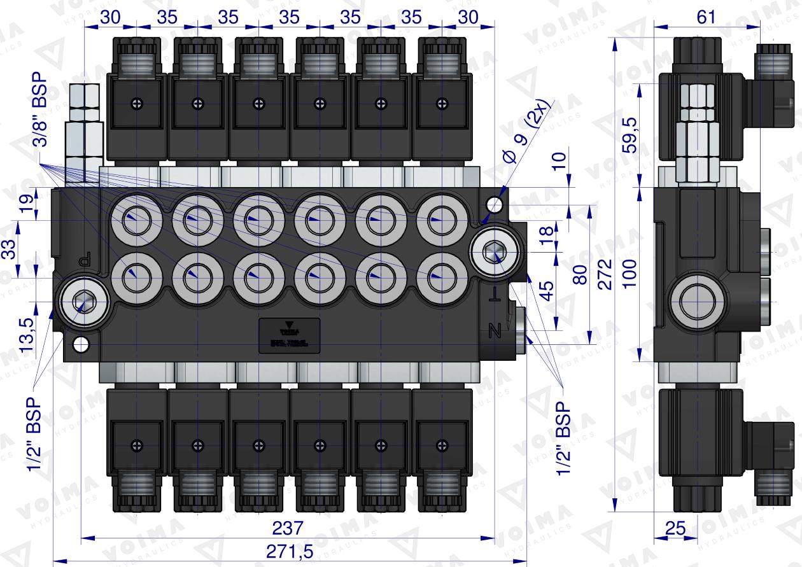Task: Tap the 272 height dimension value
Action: [x=605, y=274]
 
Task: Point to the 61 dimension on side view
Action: [x=706, y=17]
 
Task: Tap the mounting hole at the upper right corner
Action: [x=493, y=204]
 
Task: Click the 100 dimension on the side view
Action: [x=630, y=274]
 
